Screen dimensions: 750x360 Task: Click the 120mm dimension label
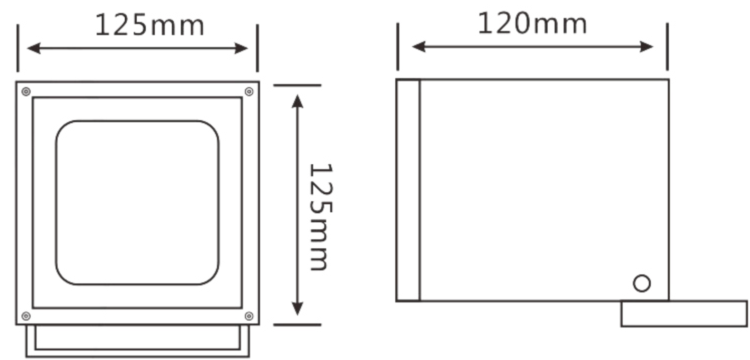pos(532,23)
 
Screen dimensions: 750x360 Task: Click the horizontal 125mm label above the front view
pos(150,25)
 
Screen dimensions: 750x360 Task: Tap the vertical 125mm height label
pos(321,217)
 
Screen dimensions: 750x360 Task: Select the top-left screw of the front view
pos(26,91)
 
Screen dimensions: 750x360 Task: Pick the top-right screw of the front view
pos(249,91)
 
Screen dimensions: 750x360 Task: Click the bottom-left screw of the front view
pos(26,316)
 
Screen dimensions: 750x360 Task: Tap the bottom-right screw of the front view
pos(249,316)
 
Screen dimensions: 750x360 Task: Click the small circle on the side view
pos(642,283)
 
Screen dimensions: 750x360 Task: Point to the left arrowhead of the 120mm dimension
pos(418,47)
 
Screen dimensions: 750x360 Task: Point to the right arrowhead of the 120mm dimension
pos(646,47)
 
